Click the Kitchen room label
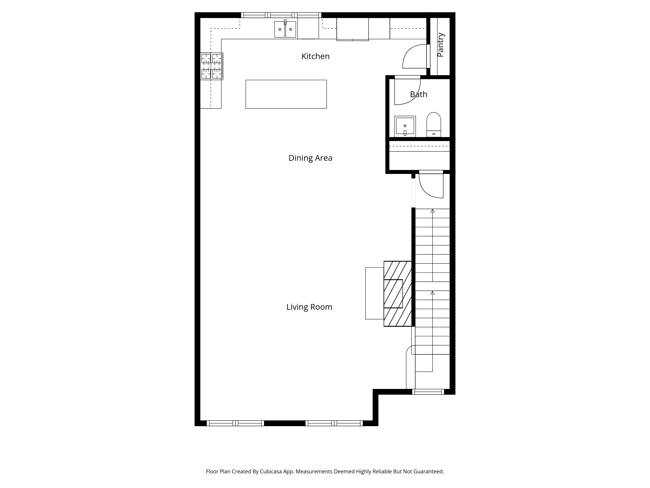[315, 56]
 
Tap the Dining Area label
[310, 158]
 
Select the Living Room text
[309, 307]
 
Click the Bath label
[418, 94]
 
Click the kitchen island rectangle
[286, 94]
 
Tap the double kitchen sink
[285, 29]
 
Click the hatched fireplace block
[397, 294]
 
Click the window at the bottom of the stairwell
[428, 392]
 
